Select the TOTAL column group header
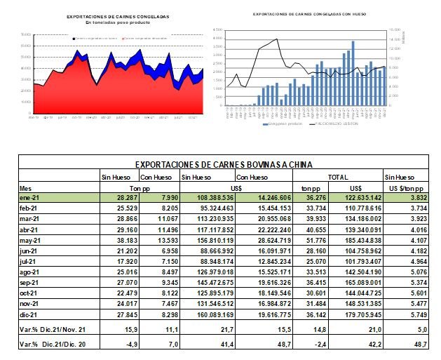click(339, 177)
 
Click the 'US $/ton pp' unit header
click(405, 188)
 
